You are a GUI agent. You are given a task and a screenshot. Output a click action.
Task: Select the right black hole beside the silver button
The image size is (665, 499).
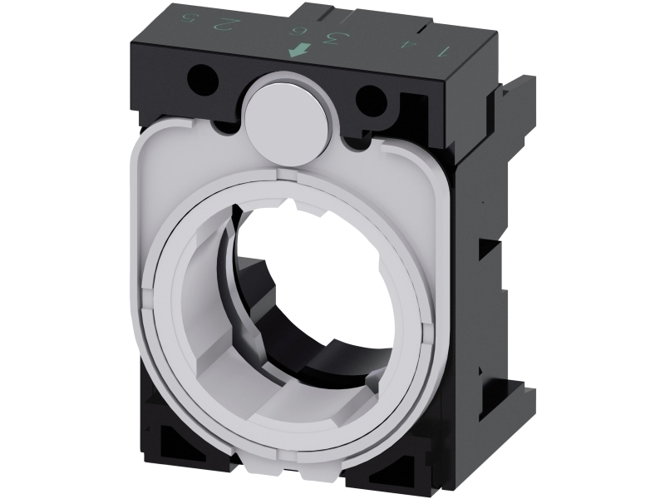(369, 102)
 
